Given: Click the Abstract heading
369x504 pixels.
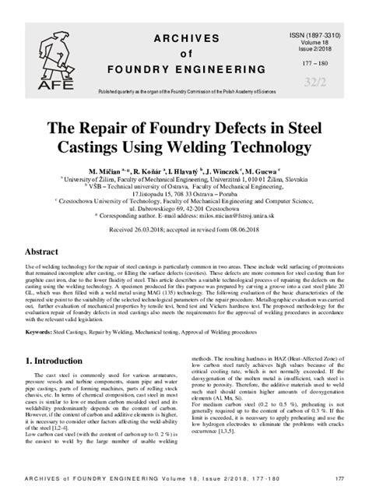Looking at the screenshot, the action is pyautogui.click(x=42, y=253).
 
